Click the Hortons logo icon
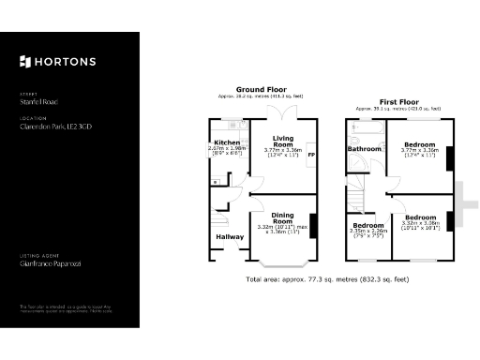click(x=24, y=62)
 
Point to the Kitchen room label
click(x=226, y=142)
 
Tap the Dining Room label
click(x=282, y=217)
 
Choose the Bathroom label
click(x=364, y=149)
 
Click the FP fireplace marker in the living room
click(x=312, y=153)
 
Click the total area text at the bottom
click(x=327, y=278)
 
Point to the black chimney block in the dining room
click(x=312, y=226)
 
